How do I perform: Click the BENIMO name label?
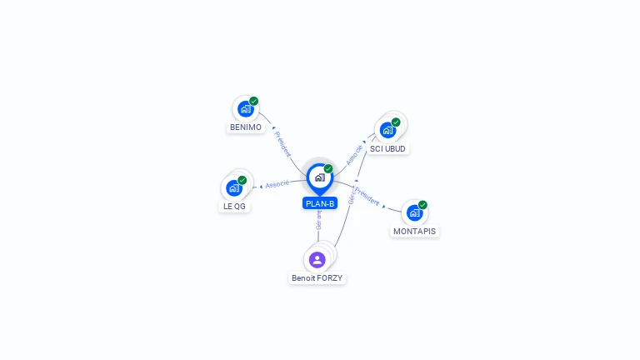click(246, 127)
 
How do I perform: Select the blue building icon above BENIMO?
click(245, 109)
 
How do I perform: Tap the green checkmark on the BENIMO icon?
click(254, 101)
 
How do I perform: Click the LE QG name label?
click(234, 206)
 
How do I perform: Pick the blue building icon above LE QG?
click(233, 188)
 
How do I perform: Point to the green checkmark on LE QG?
click(242, 180)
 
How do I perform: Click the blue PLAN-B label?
click(320, 203)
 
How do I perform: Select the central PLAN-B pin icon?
click(319, 177)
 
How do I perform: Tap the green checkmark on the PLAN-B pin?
click(328, 168)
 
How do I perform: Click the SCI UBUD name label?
click(387, 148)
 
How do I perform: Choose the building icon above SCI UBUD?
click(387, 130)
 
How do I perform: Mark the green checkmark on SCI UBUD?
click(396, 122)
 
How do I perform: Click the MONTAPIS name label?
click(414, 231)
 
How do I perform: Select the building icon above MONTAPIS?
click(414, 212)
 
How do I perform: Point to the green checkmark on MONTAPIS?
click(422, 204)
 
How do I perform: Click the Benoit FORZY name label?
click(317, 277)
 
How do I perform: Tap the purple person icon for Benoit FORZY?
click(317, 259)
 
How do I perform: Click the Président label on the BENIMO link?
click(282, 144)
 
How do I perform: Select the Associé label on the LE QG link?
click(277, 183)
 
